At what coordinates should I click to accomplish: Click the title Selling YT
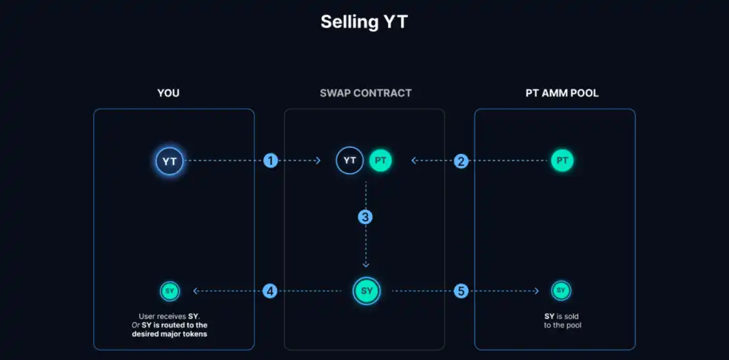(x=364, y=22)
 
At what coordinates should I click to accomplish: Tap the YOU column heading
(x=168, y=93)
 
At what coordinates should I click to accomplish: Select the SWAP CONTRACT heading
(x=365, y=93)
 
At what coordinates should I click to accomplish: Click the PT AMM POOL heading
(x=562, y=93)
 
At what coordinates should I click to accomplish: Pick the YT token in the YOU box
(x=169, y=161)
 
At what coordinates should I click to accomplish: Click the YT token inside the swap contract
(x=350, y=161)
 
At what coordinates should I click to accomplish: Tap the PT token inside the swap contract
(x=380, y=161)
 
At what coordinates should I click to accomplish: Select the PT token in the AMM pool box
(x=562, y=161)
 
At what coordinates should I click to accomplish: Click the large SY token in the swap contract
(x=367, y=291)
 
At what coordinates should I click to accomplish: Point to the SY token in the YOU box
(x=169, y=291)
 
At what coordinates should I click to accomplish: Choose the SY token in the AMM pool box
(x=561, y=290)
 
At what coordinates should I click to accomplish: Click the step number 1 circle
(x=271, y=161)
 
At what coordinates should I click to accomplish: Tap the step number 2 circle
(x=461, y=161)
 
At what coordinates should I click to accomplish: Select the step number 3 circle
(x=366, y=217)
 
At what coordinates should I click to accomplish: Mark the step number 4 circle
(x=271, y=291)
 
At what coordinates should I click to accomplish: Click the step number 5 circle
(x=461, y=291)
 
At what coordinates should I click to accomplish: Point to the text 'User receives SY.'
(x=169, y=316)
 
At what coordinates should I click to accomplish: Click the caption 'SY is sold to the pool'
(x=562, y=321)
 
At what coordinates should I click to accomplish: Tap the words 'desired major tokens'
(x=169, y=334)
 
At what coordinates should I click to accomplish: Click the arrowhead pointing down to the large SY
(x=366, y=265)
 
